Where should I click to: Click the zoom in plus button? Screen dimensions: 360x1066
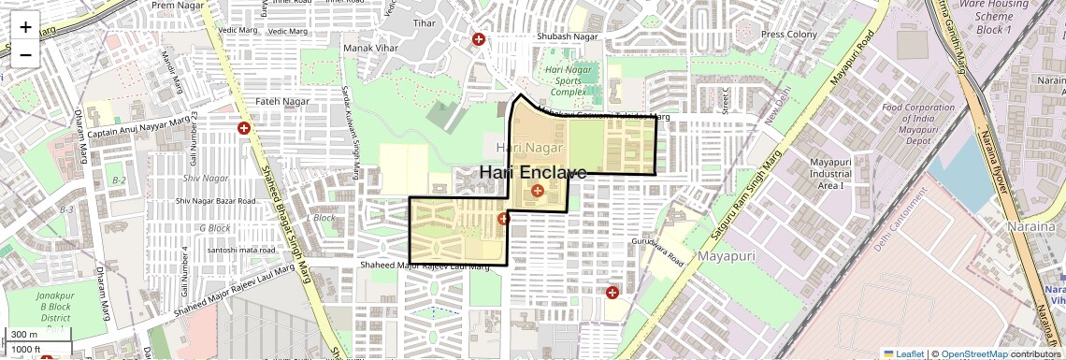25,27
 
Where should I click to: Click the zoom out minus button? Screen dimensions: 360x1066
25,53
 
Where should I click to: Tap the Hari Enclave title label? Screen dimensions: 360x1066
533,173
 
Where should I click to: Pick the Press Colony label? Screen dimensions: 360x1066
788,35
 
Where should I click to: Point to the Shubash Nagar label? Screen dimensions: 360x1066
567,36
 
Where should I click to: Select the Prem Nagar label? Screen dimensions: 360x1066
176,5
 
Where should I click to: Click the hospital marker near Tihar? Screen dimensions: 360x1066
479,40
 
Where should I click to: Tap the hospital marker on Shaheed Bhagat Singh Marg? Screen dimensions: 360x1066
244,128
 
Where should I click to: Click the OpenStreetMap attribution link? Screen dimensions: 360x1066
973,354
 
